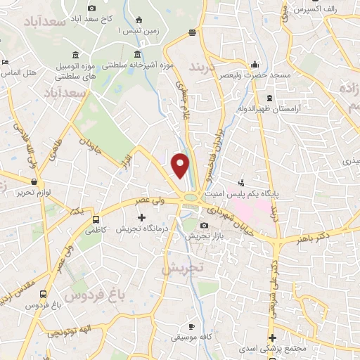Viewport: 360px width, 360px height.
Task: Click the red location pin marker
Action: pyautogui.click(x=181, y=165)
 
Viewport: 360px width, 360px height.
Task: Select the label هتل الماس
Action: pyautogui.click(x=19, y=72)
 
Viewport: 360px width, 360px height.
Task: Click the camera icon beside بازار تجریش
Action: pyautogui.click(x=204, y=226)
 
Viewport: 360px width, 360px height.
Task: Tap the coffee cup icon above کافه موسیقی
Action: pyautogui.click(x=193, y=327)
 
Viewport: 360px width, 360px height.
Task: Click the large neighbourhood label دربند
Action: pyautogui.click(x=205, y=68)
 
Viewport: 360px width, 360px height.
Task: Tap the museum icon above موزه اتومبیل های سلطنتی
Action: pyautogui.click(x=75, y=56)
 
